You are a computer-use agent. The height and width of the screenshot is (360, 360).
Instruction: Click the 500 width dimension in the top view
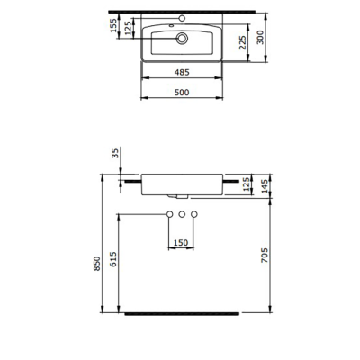[182, 90]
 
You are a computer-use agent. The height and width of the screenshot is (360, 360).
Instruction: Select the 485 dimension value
[182, 70]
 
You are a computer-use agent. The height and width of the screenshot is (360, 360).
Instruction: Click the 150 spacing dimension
[182, 242]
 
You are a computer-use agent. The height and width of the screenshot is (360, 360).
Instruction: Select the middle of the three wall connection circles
[182, 214]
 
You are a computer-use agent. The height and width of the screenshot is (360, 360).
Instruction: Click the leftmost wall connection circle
[168, 214]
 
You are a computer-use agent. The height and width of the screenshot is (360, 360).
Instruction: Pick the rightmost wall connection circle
[195, 214]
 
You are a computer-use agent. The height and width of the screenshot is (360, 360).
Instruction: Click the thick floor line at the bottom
[182, 314]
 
